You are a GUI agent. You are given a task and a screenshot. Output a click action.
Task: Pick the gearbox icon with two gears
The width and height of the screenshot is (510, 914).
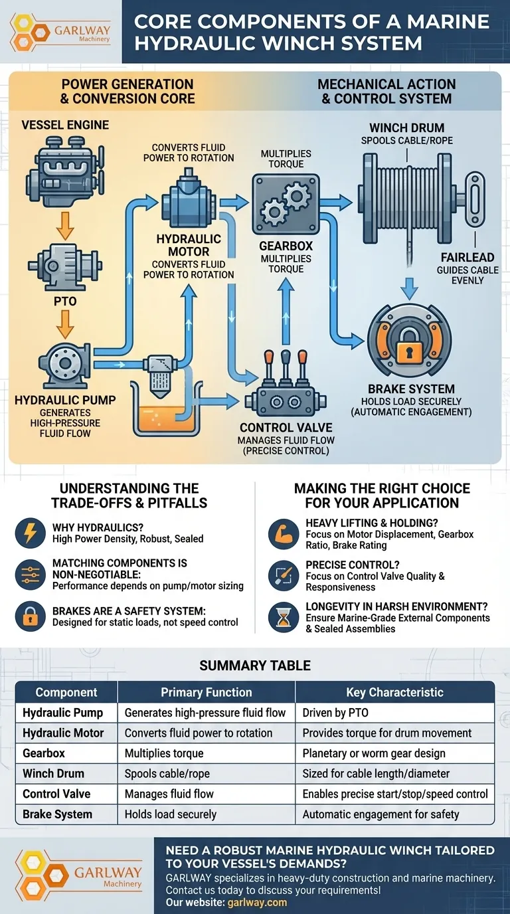click(285, 204)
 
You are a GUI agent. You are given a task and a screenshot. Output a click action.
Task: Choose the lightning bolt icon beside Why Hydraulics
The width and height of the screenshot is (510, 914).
click(31, 533)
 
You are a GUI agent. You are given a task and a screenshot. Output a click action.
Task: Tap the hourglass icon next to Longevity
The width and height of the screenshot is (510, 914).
click(284, 618)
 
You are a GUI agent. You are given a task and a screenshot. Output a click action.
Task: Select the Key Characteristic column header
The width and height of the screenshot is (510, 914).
click(394, 692)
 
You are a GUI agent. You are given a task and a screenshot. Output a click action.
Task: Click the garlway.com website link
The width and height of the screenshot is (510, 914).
click(257, 903)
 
